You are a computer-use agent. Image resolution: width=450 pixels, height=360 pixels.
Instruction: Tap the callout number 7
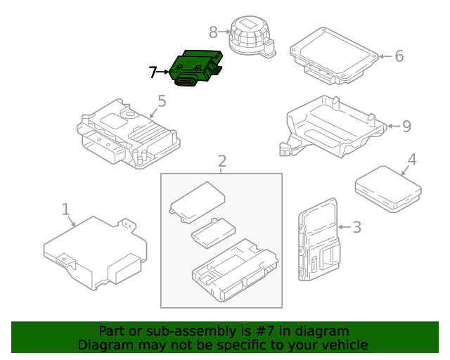153,72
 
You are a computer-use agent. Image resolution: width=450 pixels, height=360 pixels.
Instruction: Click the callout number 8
214,32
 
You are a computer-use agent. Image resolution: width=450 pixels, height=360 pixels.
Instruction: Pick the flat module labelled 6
334,51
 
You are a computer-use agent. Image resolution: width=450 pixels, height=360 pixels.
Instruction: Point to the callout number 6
399,56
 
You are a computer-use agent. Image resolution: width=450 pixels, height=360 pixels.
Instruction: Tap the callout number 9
406,127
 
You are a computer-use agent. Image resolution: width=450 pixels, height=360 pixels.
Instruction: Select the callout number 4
412,160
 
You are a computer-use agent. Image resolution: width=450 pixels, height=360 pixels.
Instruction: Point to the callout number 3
356,227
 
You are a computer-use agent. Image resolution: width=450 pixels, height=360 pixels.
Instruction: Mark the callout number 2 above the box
221,161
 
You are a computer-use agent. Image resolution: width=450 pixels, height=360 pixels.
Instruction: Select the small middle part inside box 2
212,232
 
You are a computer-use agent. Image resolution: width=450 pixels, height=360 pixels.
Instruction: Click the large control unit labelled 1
94,251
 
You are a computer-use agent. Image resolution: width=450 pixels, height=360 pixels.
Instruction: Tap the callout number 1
65,210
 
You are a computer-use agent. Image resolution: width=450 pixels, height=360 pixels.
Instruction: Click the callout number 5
162,101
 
